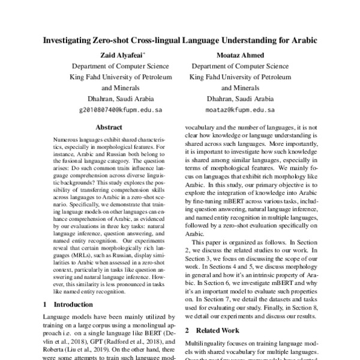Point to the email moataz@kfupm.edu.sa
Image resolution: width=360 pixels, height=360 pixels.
(239, 110)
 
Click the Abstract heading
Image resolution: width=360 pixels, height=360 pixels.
(109, 127)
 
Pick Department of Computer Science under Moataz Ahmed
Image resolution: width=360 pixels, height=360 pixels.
(239, 66)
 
